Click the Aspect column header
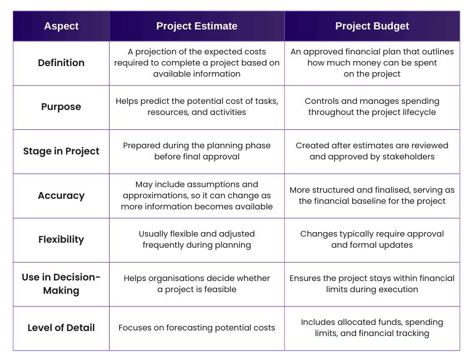coord(61,26)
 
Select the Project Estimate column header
coord(196,26)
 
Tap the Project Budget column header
coord(372,26)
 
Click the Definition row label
coord(61,63)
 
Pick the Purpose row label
coord(61,107)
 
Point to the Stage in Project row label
coord(61,151)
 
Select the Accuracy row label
coord(61,195)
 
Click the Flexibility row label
coord(61,239)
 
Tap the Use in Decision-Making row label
coord(61,284)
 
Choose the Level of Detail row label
coord(61,328)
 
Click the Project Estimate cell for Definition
coord(196,63)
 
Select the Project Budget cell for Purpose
coord(372,107)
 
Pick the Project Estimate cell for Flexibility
coord(196,239)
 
